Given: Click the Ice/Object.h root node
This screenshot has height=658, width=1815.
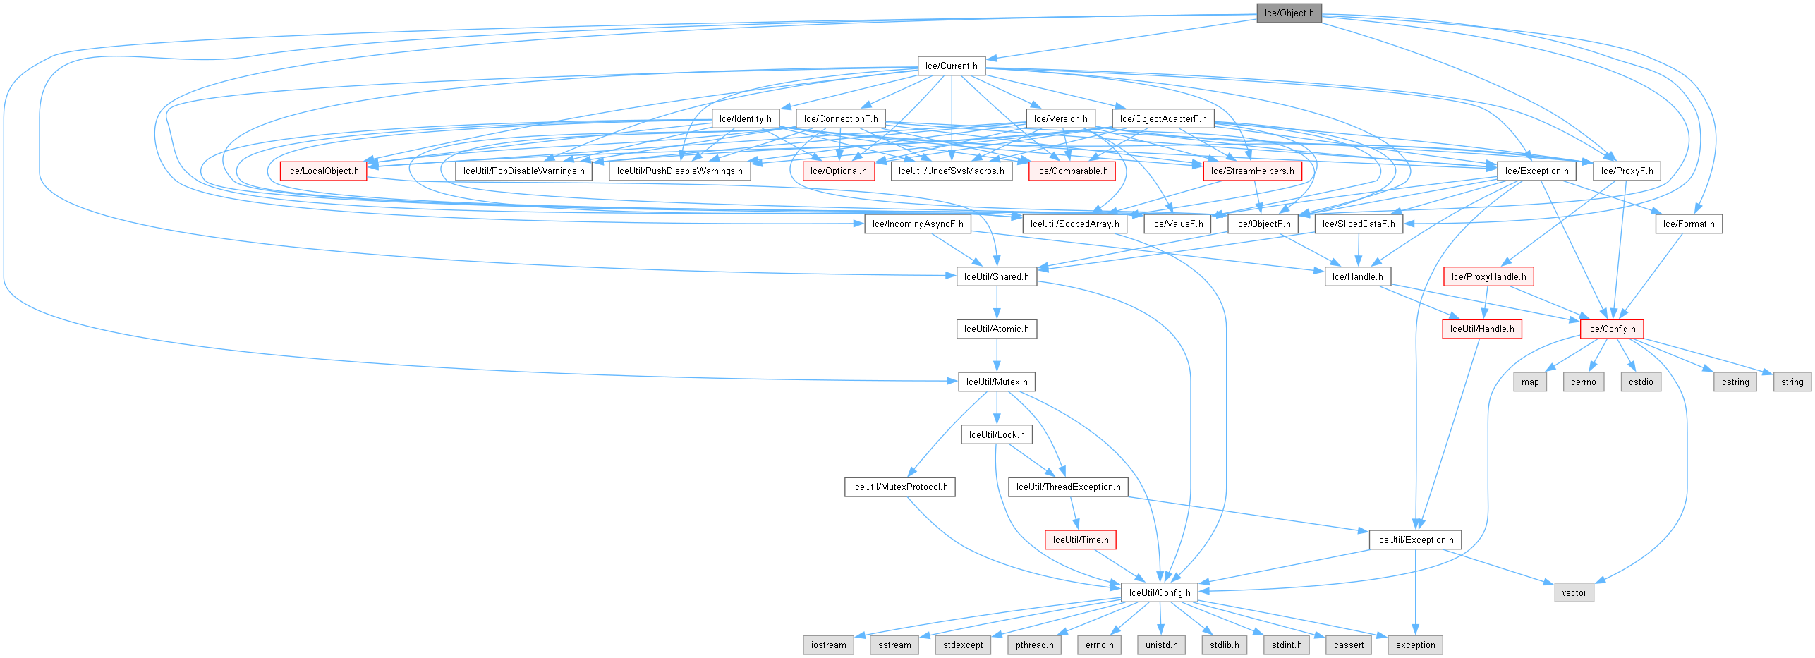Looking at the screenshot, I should point(1289,13).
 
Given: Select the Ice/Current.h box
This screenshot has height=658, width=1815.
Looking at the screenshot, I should point(951,66).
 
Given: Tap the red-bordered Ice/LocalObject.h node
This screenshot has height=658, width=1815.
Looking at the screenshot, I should point(323,171).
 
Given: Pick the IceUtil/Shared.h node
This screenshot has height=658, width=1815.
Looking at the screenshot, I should point(996,276).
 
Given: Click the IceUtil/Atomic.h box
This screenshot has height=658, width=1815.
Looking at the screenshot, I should point(996,329).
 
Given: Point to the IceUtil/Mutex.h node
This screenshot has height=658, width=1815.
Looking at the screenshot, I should point(996,382).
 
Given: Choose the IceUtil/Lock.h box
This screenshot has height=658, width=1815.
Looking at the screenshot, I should point(996,434).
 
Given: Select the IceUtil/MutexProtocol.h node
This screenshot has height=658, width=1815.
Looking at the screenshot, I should point(899,487).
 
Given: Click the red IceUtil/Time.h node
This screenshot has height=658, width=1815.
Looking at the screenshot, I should point(1081,540).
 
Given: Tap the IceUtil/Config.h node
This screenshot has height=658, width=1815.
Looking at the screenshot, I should point(1159,592).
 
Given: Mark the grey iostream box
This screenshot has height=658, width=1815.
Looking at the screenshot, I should point(828,645).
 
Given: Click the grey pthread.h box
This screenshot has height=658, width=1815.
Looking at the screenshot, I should point(1034,645).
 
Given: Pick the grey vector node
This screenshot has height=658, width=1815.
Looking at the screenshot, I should point(1574,592).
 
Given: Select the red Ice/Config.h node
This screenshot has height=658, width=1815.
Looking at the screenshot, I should point(1611,329).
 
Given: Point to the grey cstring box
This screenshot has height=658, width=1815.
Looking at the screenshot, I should point(1735,382).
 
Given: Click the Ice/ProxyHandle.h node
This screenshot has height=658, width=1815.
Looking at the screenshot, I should point(1488,276).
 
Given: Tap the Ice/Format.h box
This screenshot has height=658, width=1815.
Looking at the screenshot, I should point(1688,224).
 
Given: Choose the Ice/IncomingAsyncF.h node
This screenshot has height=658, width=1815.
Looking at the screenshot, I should point(917,224).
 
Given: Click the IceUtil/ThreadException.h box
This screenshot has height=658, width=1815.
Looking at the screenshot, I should point(1068,487).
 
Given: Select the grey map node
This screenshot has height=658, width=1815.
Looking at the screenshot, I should point(1530,382).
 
